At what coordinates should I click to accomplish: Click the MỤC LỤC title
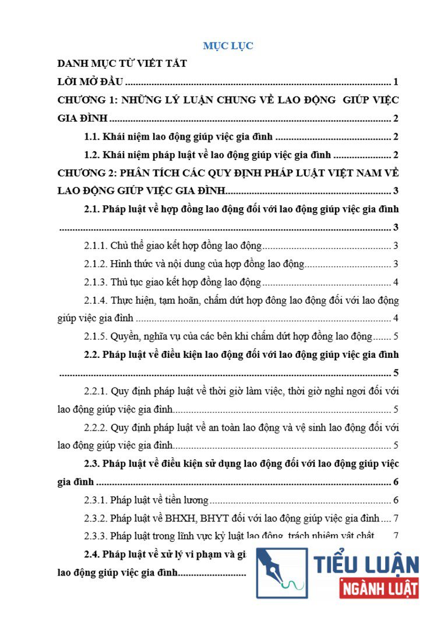228,46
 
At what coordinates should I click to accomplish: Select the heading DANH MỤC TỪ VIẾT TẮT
122,63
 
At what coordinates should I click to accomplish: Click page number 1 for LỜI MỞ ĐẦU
396,81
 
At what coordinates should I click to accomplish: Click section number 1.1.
92,137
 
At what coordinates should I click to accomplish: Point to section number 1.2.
92,155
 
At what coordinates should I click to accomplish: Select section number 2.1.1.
96,246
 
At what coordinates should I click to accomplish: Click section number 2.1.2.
96,264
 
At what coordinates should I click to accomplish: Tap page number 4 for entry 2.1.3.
396,283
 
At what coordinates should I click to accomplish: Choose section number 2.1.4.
96,301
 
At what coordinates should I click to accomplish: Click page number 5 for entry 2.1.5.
396,336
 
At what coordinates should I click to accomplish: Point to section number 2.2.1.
96,392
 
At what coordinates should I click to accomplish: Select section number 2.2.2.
96,428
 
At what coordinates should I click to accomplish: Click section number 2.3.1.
96,500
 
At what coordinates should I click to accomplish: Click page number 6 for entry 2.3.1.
396,500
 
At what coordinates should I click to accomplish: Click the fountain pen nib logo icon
281,573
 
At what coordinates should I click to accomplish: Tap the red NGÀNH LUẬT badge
379,587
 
